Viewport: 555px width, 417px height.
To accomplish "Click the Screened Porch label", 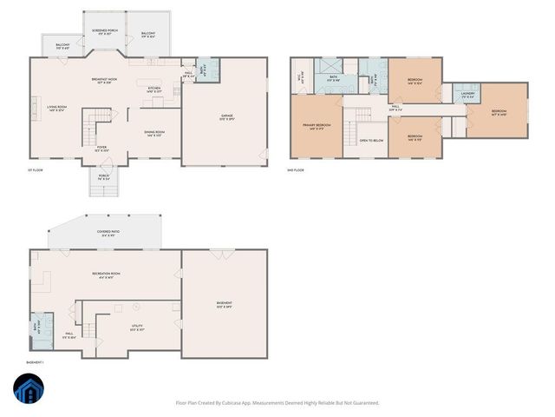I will point(104,31).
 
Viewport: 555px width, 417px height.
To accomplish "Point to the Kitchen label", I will point(153,89).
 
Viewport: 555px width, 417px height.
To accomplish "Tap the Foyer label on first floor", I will point(101,149).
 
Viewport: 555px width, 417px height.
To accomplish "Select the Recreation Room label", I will point(106,274).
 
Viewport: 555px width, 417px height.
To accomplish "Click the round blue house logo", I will point(26,390).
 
